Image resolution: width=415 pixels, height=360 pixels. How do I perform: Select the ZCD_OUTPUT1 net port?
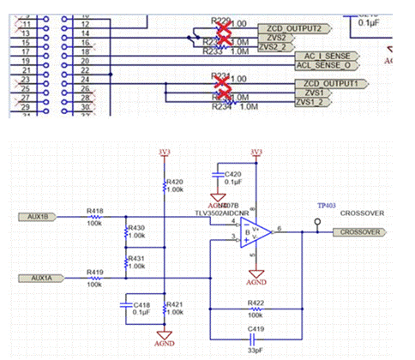point(300,83)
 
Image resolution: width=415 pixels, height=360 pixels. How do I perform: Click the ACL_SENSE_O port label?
point(324,65)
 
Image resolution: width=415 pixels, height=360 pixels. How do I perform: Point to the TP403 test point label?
point(327,205)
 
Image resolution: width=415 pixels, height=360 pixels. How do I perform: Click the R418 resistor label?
point(95,208)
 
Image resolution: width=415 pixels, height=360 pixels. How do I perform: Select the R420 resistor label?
point(174,182)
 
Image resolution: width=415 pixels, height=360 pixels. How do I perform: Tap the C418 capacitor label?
point(141,303)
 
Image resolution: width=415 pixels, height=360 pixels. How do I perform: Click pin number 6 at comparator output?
point(281,226)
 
